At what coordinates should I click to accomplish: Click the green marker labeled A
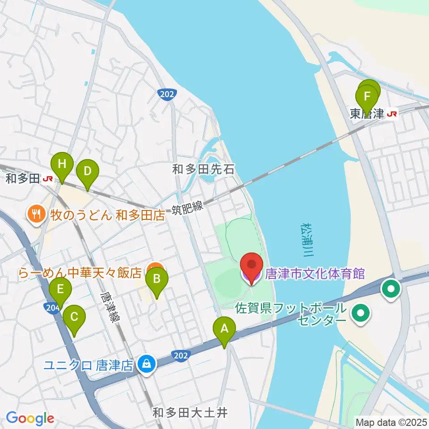(x=224, y=330)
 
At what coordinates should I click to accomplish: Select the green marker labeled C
(x=74, y=318)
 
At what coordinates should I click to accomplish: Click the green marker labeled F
(x=367, y=97)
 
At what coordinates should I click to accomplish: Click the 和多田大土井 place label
(x=190, y=412)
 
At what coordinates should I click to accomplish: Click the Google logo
(x=30, y=419)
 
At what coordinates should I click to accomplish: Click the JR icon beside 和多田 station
(x=48, y=179)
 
